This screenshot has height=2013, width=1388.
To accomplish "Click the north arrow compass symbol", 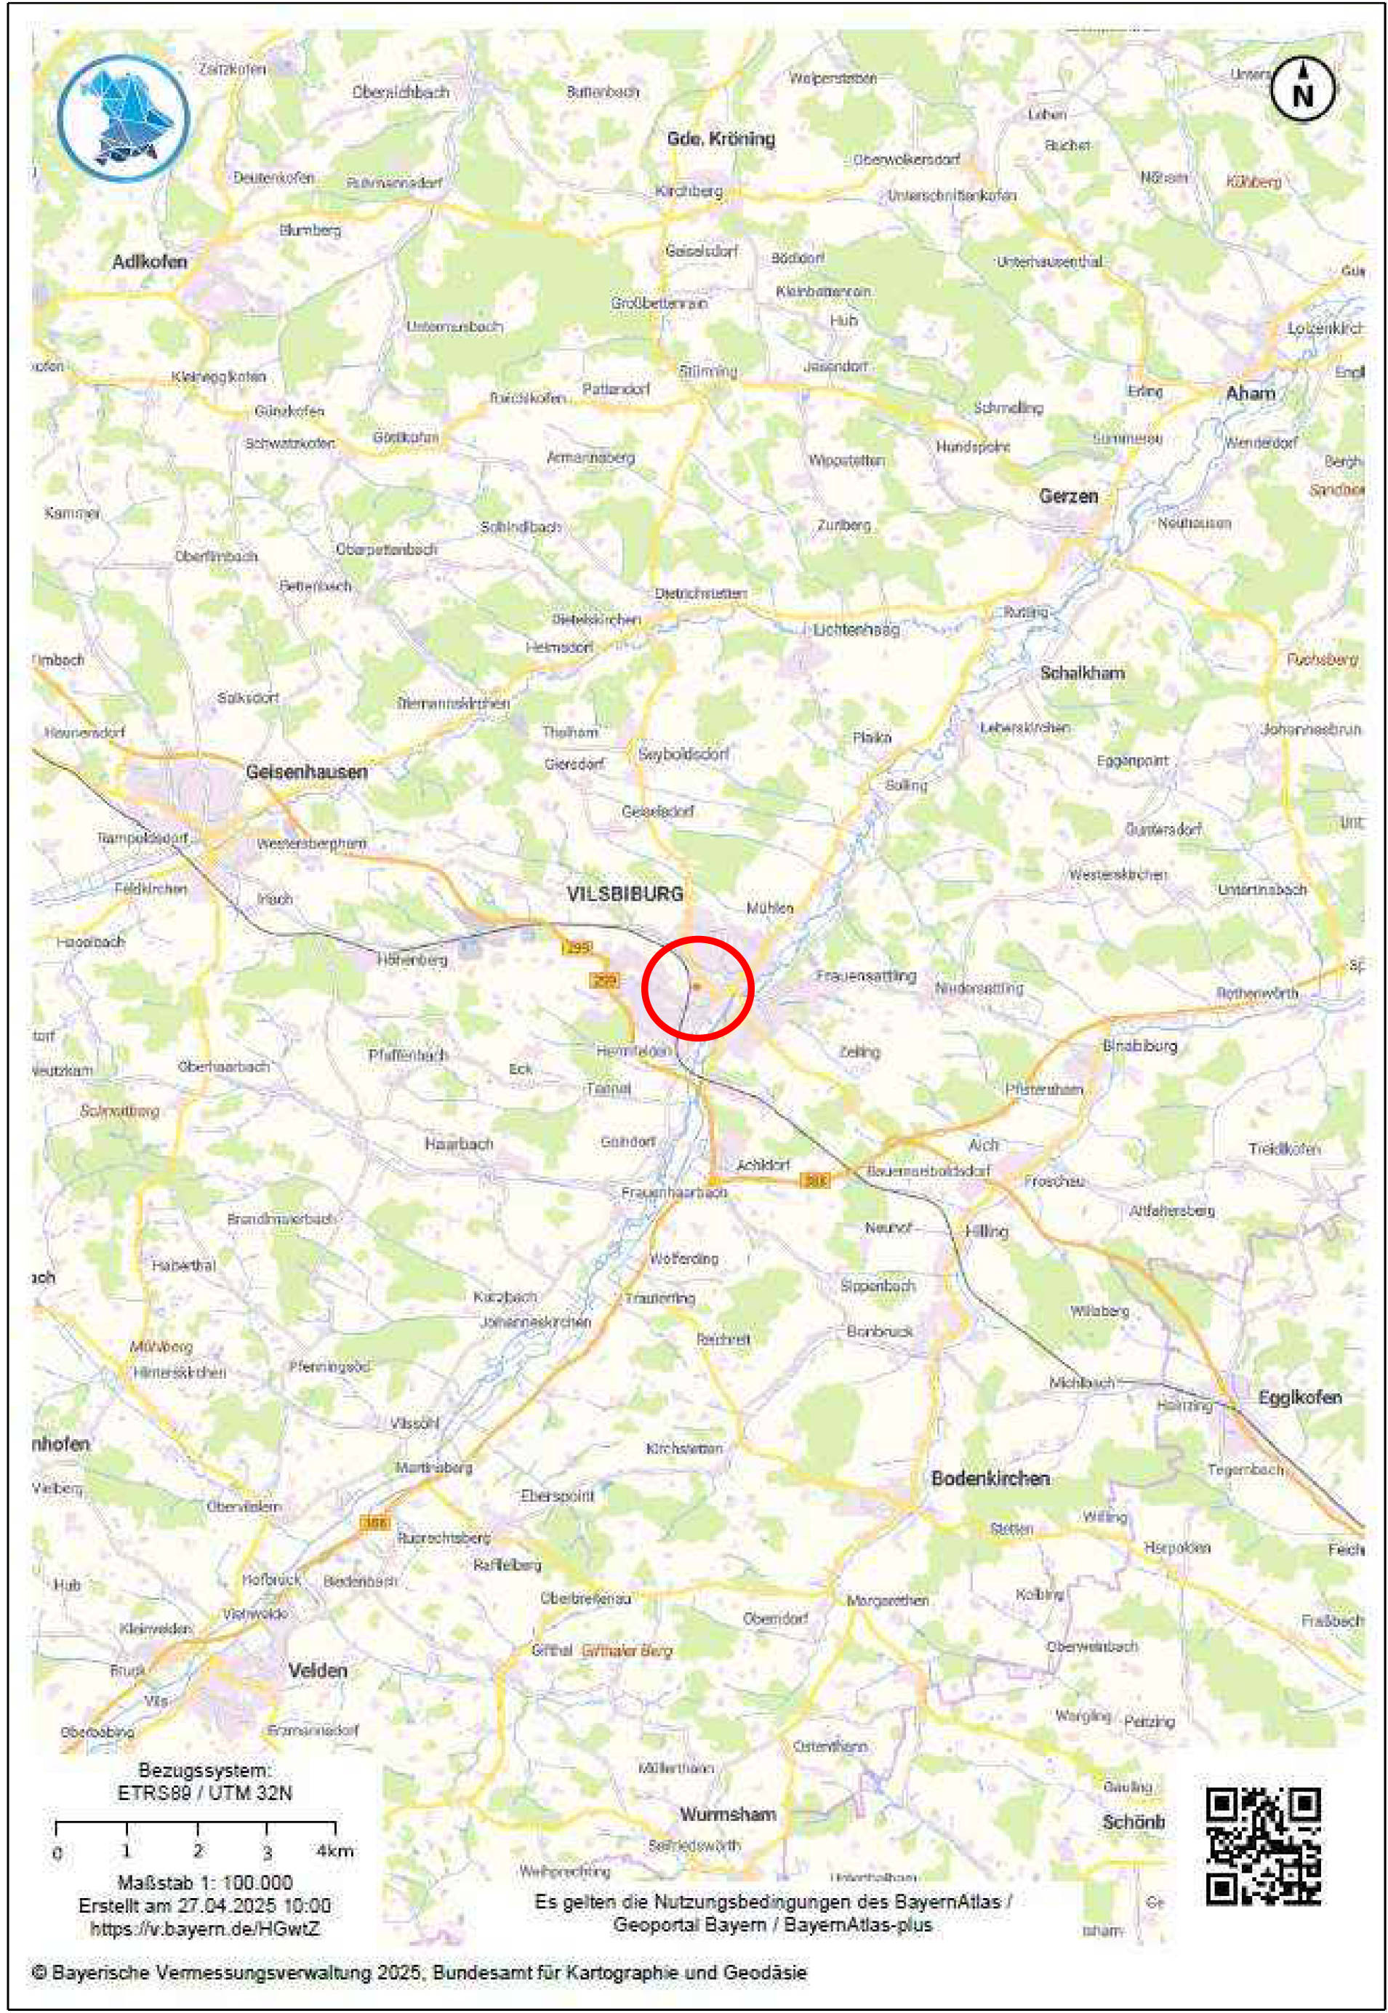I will tap(1302, 89).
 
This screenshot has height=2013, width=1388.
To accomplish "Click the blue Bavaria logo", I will tap(123, 117).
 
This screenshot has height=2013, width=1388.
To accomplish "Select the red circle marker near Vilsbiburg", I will tap(697, 988).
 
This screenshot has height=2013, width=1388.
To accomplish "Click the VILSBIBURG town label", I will tap(625, 893).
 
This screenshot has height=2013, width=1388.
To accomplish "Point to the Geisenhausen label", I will tap(306, 772).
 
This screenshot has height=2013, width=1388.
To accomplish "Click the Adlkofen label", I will tap(150, 261).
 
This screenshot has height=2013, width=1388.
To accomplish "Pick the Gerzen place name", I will tap(1068, 496).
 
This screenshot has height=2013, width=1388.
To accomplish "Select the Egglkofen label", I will tap(1299, 1397).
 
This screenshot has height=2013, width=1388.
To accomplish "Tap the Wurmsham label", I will tap(727, 1814).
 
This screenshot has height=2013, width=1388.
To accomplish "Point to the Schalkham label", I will tap(1082, 673).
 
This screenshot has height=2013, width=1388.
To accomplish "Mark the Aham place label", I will tap(1250, 393).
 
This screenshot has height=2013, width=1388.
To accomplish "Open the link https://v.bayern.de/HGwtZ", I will tap(204, 1929).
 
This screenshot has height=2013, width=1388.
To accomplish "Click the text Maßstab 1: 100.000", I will tap(204, 1883).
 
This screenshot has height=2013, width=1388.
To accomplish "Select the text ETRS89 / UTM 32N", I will tap(204, 1793).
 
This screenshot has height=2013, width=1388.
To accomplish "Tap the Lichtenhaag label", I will tap(856, 629).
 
